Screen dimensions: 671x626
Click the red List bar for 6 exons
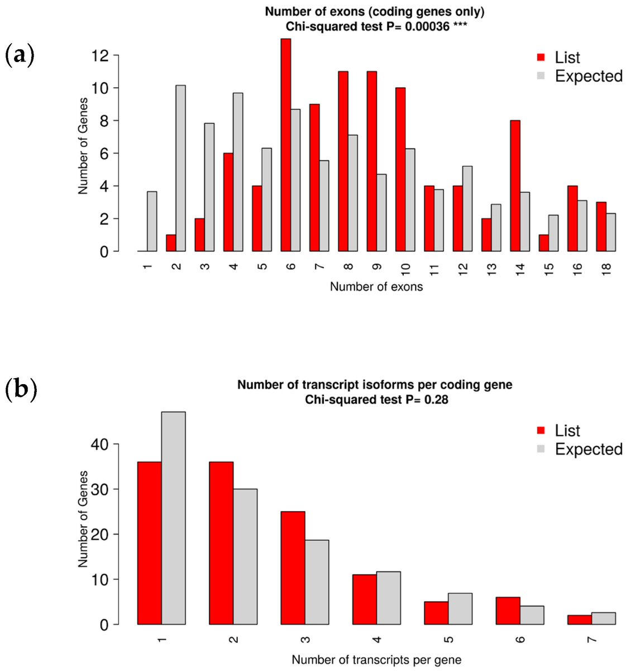[x=286, y=145]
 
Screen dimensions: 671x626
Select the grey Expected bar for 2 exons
[x=180, y=168]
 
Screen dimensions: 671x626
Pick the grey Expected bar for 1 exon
[x=152, y=221]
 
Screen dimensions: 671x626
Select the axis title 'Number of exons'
[x=376, y=287]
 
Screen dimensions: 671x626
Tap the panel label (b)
[x=21, y=390]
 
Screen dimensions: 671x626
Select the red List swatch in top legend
[x=541, y=57]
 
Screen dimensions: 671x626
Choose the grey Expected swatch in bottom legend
[x=541, y=449]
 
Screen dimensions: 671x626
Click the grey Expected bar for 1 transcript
[x=174, y=518]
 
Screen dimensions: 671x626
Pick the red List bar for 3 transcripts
[x=293, y=568]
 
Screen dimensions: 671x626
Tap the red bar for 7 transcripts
[x=580, y=620]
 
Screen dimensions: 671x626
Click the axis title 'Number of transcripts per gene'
[x=376, y=660]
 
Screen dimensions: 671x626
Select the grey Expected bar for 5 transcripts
[x=460, y=609]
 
